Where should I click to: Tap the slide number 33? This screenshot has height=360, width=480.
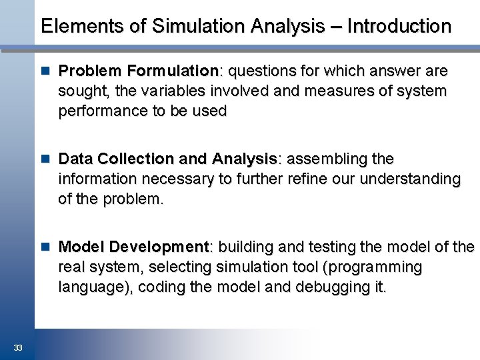tap(17, 347)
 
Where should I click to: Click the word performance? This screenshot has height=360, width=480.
tap(103, 111)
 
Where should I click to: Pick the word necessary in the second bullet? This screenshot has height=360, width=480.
tap(173, 179)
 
